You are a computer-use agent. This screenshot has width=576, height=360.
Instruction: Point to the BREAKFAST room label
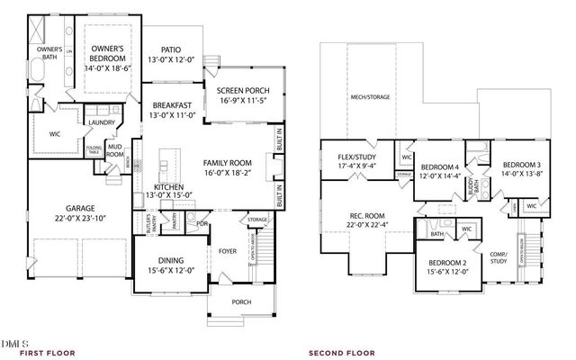click(171, 105)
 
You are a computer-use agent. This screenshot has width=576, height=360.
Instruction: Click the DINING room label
click(164, 262)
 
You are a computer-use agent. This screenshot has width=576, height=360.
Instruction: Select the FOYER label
click(227, 251)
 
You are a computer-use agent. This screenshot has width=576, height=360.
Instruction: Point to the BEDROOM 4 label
click(440, 167)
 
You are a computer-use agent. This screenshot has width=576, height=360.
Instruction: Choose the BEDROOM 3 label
click(521, 165)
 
